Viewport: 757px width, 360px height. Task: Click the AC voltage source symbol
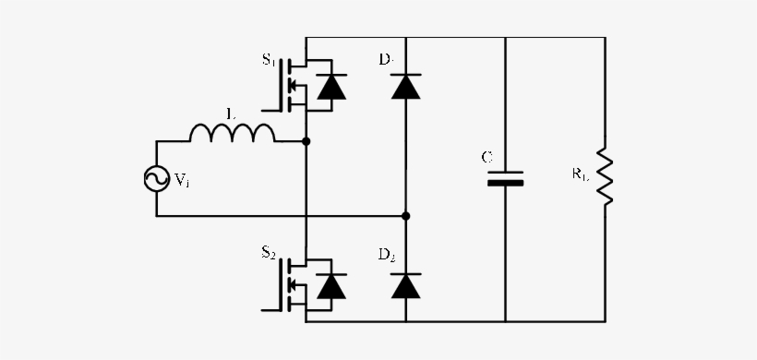(156, 179)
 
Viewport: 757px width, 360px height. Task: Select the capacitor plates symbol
(505, 177)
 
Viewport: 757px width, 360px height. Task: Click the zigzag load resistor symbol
(606, 175)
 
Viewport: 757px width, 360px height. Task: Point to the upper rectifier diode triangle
(405, 87)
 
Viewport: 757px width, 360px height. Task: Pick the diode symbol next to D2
(405, 285)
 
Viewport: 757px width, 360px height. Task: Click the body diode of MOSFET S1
(330, 87)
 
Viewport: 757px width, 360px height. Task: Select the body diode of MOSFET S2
(330, 286)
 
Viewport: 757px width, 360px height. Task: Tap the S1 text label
(269, 60)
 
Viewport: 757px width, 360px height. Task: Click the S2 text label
(269, 253)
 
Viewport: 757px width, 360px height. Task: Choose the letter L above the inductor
(231, 113)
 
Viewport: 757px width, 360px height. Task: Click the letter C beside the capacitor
(487, 157)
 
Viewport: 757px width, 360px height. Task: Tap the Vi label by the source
(182, 181)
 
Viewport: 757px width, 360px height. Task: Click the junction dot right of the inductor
(306, 142)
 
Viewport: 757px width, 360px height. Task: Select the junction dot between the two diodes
(405, 216)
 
